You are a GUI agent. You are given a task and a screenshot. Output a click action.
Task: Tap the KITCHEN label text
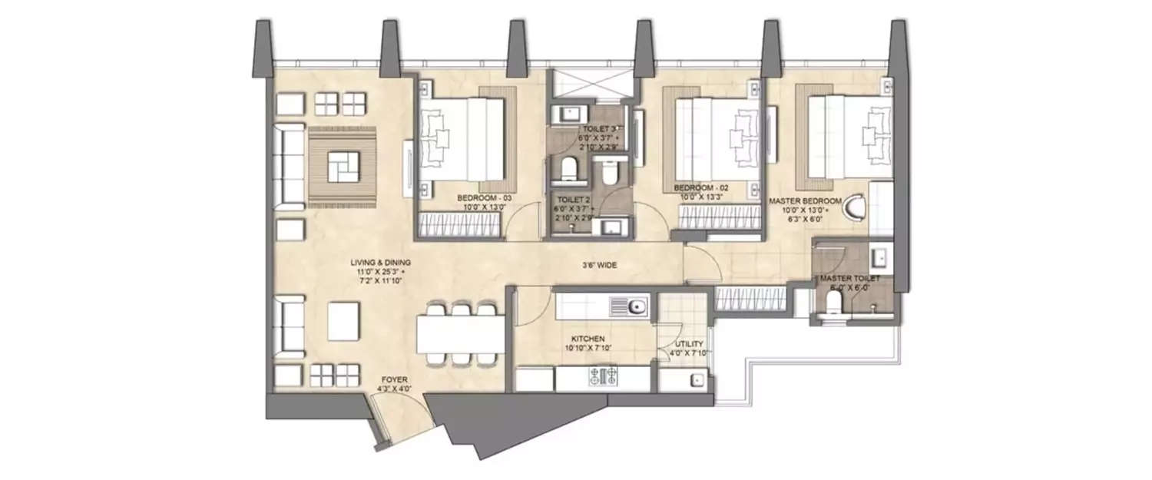pos(588,339)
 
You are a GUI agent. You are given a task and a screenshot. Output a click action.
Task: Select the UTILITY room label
pos(685,345)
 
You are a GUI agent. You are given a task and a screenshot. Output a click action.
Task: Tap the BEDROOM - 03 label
pos(486,198)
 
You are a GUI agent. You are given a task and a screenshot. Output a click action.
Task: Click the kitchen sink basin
pos(635,308)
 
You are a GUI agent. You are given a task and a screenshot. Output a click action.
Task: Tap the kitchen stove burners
pos(604,377)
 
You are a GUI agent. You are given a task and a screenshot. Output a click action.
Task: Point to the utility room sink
pos(697,379)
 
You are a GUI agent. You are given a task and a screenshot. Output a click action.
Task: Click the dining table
pos(461,335)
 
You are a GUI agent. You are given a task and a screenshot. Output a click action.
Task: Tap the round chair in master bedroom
pos(853,208)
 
